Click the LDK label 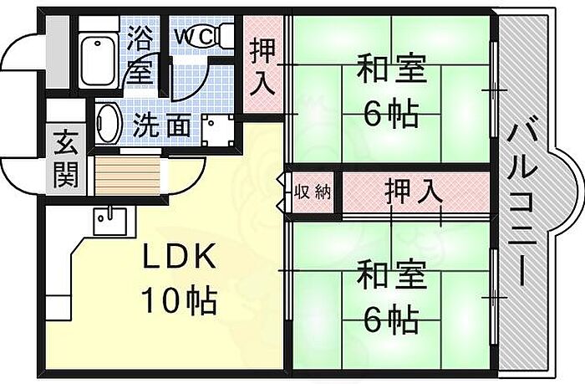coord(180,256)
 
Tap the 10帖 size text coord(179,300)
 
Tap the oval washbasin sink coord(108,123)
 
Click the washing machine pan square coord(218,130)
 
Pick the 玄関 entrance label coord(66,159)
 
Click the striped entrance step coord(128,176)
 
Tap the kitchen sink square coord(109,220)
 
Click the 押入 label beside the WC coord(262,66)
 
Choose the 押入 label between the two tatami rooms coord(414,192)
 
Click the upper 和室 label coord(391,69)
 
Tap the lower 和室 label coord(391,275)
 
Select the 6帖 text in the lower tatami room coord(391,320)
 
